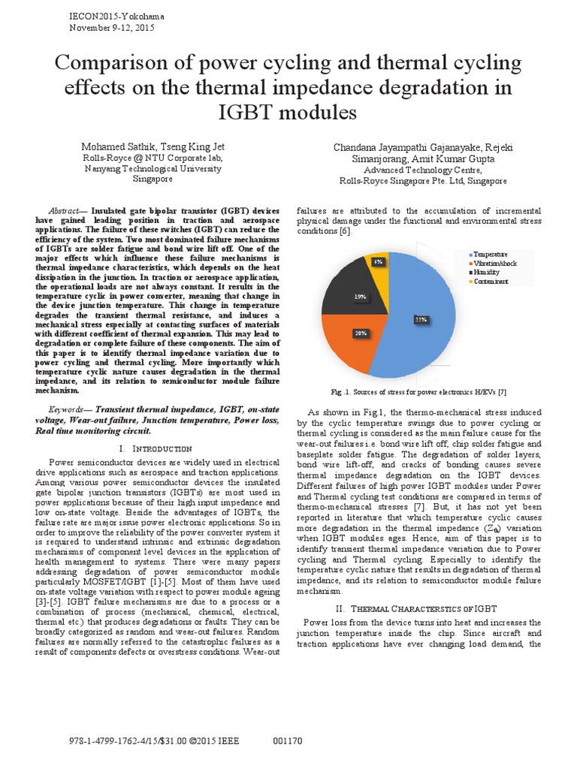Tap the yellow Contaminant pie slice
[x=379, y=264]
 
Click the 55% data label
[x=421, y=319]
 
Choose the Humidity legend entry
[x=489, y=273]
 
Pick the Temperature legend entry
[x=492, y=255]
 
